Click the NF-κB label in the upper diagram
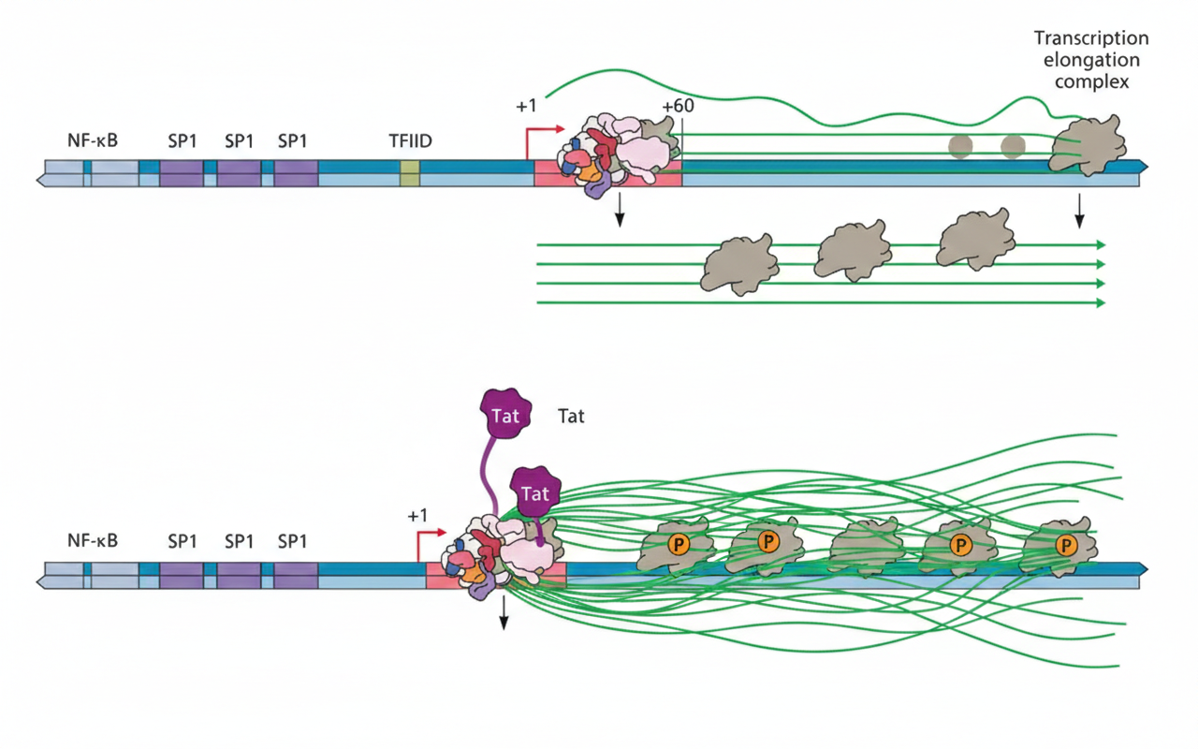pos(91,140)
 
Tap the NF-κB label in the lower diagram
pos(91,540)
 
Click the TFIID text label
pos(410,140)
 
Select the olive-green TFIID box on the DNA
pos(409,173)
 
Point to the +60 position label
pos(678,105)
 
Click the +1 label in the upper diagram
pos(526,106)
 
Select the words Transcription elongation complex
pos(1091,60)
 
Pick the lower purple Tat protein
pos(534,492)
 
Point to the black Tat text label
pos(571,416)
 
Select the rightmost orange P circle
pos(1063,545)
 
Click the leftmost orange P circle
pos(675,545)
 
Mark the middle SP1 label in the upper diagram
pos(240,140)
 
